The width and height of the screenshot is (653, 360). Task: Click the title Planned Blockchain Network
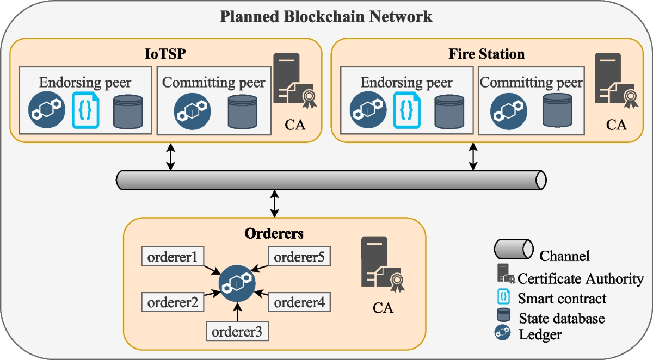point(326,16)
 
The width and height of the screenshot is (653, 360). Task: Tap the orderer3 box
point(238,331)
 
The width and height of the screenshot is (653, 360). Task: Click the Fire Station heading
point(486,54)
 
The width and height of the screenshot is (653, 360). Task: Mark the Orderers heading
point(274,234)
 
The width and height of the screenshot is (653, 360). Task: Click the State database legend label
point(562,318)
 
